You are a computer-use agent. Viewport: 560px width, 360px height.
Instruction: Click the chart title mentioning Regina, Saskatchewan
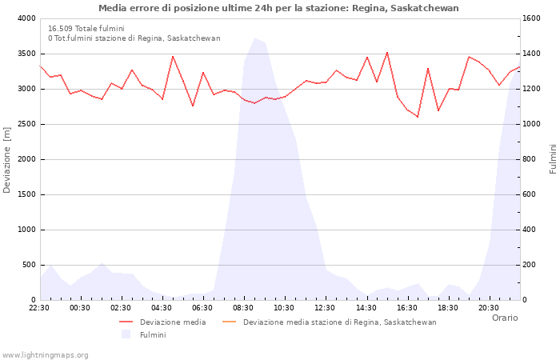point(278,8)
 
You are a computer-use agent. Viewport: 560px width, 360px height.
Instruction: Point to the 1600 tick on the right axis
point(534,18)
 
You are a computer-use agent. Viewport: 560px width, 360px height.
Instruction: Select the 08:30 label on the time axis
point(243,307)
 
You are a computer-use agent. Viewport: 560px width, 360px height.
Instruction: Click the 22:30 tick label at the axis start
point(39,307)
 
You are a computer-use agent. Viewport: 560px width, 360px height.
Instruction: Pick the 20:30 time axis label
point(489,307)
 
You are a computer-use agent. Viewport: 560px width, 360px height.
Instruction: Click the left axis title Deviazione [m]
point(8,159)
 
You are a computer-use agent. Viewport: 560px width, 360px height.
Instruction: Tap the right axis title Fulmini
point(552,159)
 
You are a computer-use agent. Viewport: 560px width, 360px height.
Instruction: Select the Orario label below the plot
point(504,318)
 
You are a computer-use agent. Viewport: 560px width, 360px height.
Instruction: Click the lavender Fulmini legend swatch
point(126,334)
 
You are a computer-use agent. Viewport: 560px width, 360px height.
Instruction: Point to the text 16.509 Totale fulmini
point(86,28)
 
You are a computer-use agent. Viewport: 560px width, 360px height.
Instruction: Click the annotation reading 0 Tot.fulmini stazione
point(134,38)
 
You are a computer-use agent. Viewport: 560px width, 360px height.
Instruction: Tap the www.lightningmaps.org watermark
point(46,355)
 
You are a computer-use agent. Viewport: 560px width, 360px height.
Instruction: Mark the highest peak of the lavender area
point(255,38)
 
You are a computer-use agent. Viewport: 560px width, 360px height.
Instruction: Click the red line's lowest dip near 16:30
point(418,117)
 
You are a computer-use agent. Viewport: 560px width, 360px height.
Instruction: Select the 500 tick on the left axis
point(28,265)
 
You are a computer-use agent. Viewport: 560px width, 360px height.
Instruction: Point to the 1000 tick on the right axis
point(534,124)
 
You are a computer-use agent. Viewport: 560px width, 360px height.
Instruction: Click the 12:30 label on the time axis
point(325,307)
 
